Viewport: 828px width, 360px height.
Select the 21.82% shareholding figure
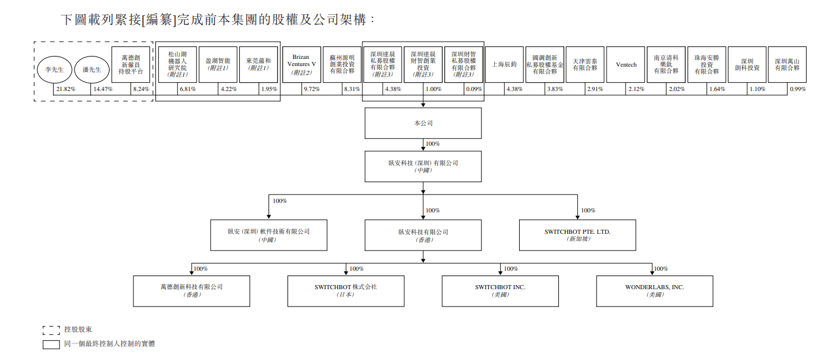tap(66, 89)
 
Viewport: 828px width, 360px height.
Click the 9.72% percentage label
tap(311, 89)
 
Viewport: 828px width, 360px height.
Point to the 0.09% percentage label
tap(474, 89)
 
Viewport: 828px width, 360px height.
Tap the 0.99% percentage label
tap(798, 89)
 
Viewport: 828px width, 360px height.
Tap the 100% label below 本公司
tap(433, 144)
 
